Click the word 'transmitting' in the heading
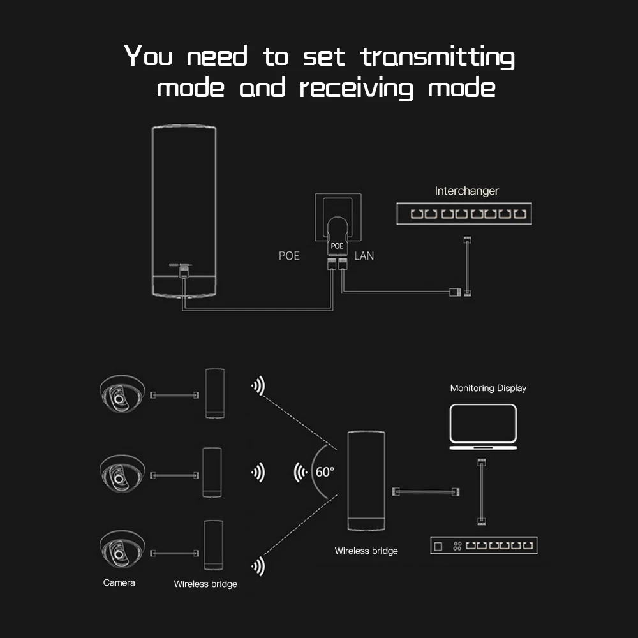point(438,57)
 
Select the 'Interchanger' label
point(466,191)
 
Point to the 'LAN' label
point(364,256)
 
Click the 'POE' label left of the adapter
point(289,256)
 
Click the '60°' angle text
point(324,472)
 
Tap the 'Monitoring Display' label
point(488,388)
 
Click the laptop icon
point(483,427)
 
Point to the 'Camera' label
point(119,582)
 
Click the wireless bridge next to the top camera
point(215,393)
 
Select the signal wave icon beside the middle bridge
point(258,472)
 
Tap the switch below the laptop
point(484,545)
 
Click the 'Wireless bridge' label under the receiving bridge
point(366,551)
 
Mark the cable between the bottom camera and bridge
point(174,553)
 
